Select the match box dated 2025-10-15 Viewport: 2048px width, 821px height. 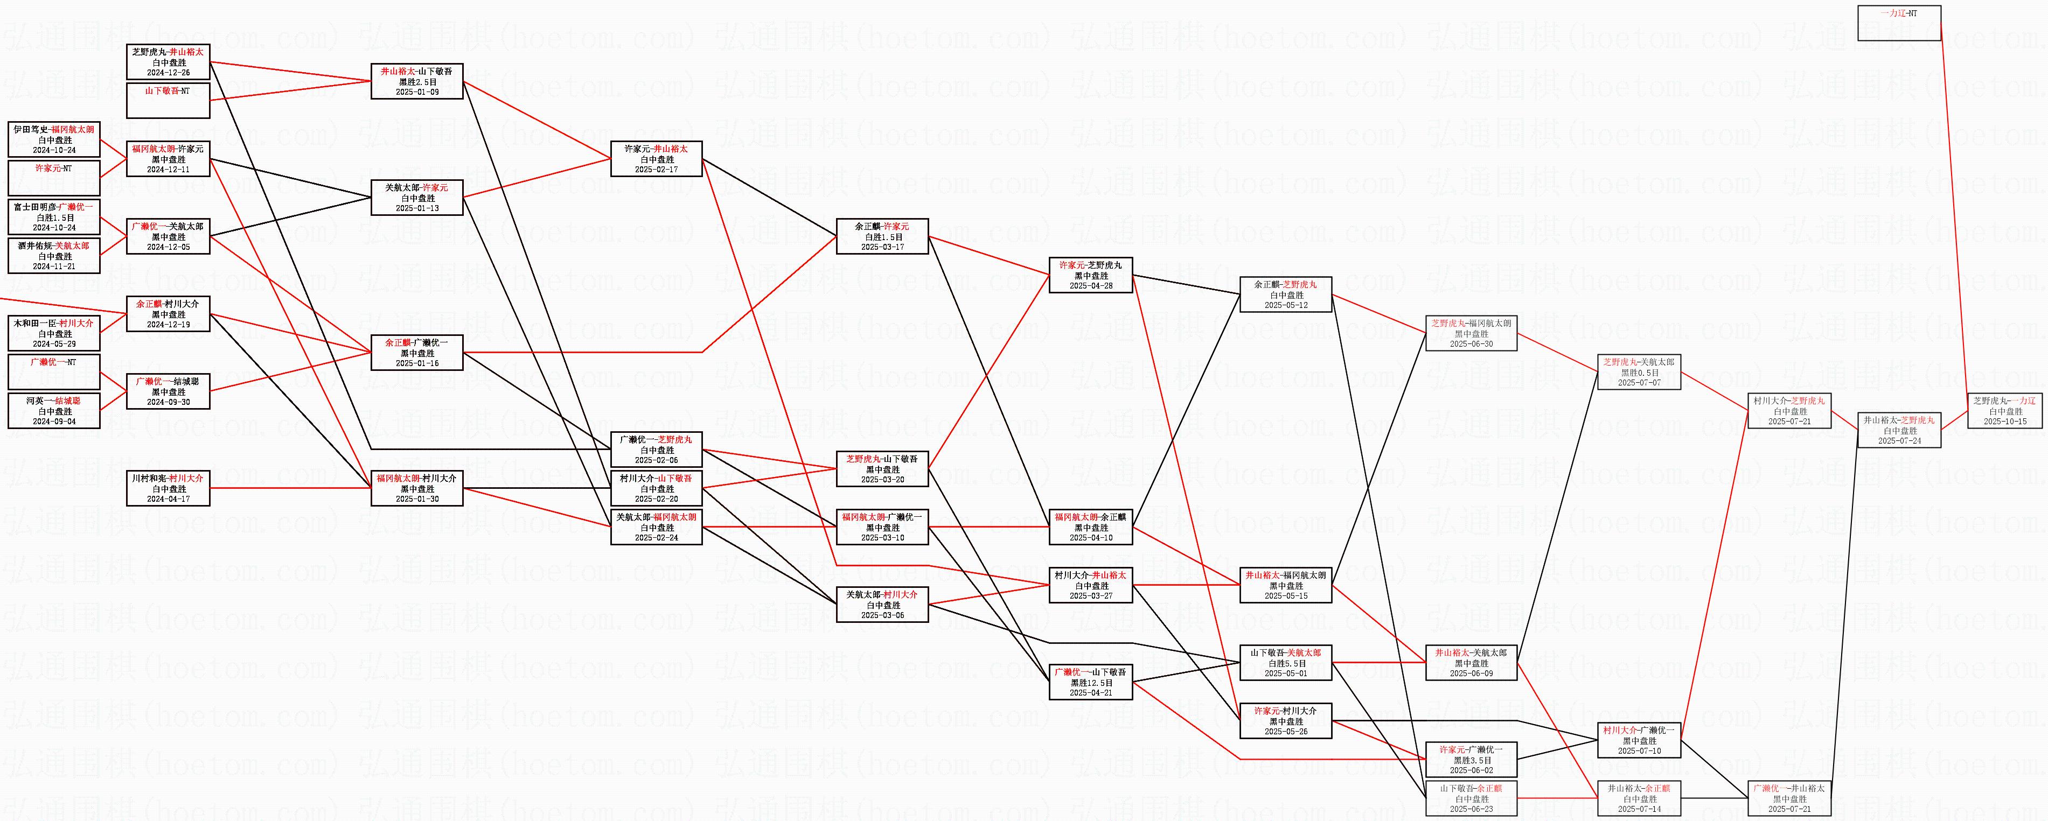coord(2004,411)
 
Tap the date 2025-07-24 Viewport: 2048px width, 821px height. coord(1899,441)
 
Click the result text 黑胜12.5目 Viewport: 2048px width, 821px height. coord(1091,683)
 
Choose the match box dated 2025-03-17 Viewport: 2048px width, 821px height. coord(882,236)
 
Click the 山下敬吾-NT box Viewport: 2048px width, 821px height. coord(168,100)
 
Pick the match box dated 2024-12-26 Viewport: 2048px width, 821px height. coord(168,62)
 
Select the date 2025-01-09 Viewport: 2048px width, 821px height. coord(416,92)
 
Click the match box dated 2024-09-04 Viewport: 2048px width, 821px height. coord(54,411)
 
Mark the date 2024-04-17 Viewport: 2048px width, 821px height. coord(168,499)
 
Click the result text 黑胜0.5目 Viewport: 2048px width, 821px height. coord(1639,373)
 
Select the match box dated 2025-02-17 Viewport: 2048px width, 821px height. coord(656,159)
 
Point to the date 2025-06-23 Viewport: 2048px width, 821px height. coord(1471,810)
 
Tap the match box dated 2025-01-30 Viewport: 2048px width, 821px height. coord(416,488)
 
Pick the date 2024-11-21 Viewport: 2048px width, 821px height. coord(54,267)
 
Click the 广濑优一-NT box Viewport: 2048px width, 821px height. coord(54,372)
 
